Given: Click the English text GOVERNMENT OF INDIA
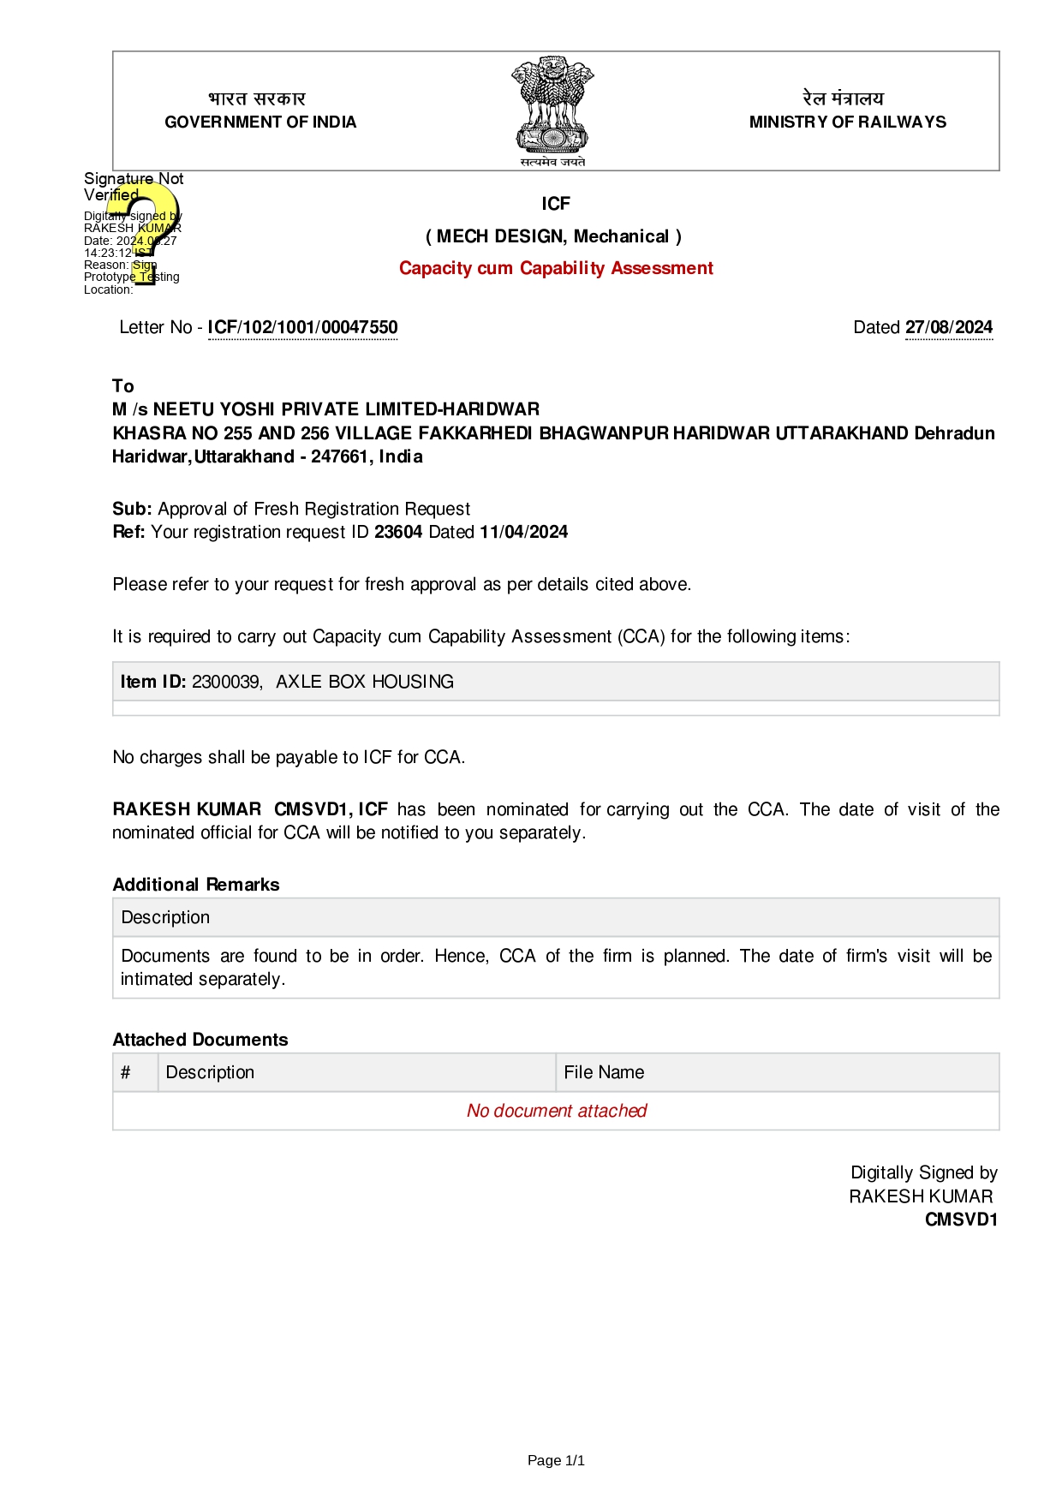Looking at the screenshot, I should pos(260,122).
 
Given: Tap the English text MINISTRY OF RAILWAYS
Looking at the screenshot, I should pos(847,122).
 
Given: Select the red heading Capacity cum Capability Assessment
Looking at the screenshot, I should pos(556,268).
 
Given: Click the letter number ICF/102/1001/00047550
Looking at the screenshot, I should pos(302,327).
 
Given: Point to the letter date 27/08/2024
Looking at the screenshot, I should pos(949,327).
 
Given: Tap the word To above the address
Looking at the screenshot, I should pos(123,385).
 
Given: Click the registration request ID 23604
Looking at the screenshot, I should pos(398,532).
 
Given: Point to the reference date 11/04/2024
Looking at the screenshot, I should pos(523,532).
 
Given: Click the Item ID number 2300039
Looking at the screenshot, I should pos(226,682).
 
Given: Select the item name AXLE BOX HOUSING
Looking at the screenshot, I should pos(365,682).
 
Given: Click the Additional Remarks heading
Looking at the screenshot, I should pos(196,885).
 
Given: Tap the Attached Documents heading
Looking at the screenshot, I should pos(200,1040).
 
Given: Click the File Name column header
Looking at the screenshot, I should pos(604,1072).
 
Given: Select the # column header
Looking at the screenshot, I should pos(126,1072).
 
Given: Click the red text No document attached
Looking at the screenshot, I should pos(557,1111).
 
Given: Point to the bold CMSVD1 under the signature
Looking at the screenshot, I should pos(961,1220).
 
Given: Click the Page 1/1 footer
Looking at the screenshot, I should pos(556,1460).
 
